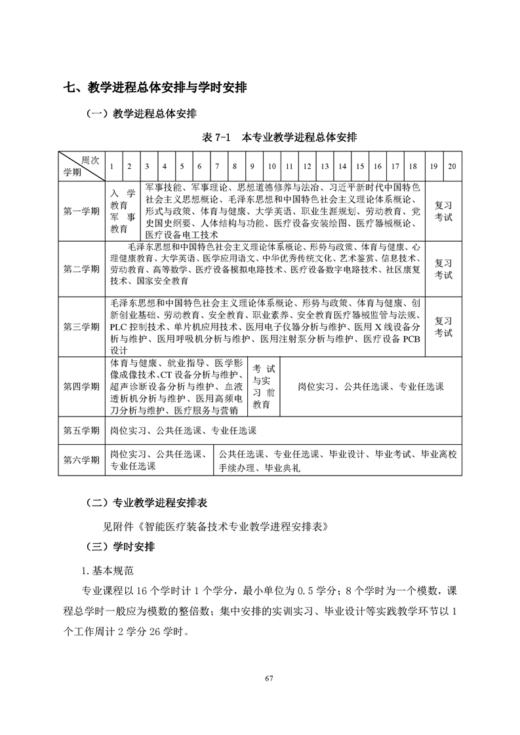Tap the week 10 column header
coord(271,166)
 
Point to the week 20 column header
coord(452,166)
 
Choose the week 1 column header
coord(112,166)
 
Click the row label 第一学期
coord(81,211)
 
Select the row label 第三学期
coord(81,326)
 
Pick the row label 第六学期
coord(81,460)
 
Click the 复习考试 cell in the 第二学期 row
coord(443,269)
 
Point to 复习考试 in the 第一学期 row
coord(443,211)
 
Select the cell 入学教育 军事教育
coord(123,211)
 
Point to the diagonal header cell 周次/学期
coord(81,166)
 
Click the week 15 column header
coord(360,166)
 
